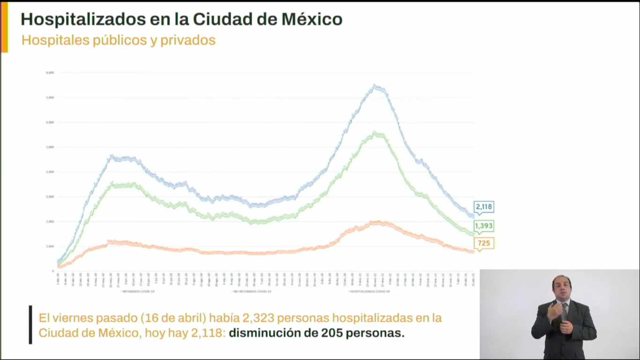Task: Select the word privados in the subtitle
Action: (x=188, y=40)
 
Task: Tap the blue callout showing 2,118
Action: (x=484, y=207)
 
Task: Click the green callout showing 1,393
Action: (x=484, y=226)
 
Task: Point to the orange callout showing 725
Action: (x=484, y=243)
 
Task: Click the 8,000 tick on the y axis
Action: (x=50, y=73)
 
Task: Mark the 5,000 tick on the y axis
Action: (x=50, y=147)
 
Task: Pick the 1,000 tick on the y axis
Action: (x=50, y=246)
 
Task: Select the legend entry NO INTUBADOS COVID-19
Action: (x=252, y=292)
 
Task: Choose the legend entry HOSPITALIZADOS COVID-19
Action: (x=369, y=292)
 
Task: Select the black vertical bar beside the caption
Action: (x=30, y=325)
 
